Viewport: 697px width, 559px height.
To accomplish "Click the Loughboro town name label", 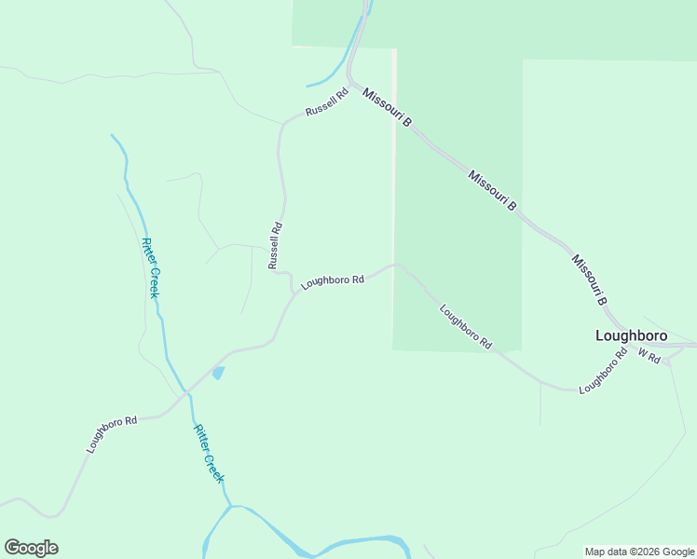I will click(632, 335).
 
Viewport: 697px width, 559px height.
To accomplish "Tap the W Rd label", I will click(649, 356).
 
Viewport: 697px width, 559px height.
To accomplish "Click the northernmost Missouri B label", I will click(388, 108).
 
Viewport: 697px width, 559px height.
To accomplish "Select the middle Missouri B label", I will click(492, 190).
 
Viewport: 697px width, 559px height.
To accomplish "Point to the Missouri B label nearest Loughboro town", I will click(590, 280).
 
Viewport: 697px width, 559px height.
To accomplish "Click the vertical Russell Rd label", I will click(275, 245).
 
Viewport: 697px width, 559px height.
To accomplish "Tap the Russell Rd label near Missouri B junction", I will click(326, 103).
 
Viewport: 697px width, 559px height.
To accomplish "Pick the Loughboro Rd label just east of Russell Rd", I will click(332, 279).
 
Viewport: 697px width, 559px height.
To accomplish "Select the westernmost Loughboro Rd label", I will click(112, 434).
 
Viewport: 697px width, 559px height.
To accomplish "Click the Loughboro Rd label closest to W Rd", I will click(602, 371).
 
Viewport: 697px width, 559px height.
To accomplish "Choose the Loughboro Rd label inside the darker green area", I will click(465, 327).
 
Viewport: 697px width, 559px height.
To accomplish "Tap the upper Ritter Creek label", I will click(151, 267).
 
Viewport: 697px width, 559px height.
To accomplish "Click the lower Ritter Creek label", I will click(209, 453).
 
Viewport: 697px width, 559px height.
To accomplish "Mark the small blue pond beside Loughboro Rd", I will click(218, 373).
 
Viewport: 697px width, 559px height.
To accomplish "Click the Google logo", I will click(31, 548).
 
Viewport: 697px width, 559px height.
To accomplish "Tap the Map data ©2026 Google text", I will click(639, 552).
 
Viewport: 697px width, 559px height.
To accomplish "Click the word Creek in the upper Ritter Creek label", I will click(154, 282).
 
